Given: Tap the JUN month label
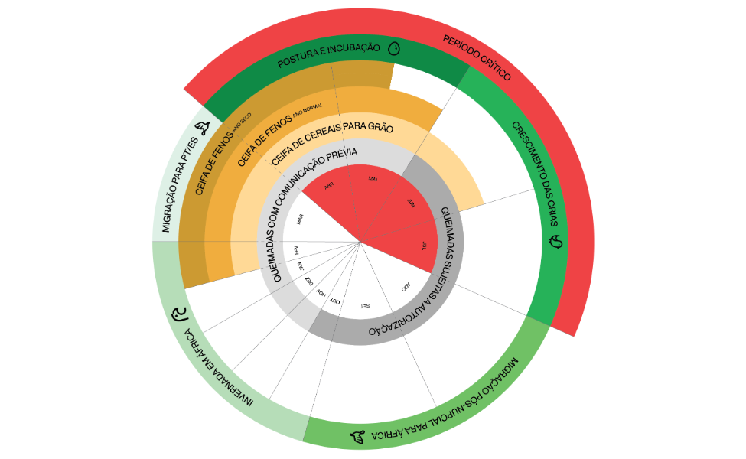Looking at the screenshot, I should coord(411,204).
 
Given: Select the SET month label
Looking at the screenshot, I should coord(365,306).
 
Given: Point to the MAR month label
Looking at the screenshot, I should coord(301,220).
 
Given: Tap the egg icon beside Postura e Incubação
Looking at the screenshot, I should coord(394,49).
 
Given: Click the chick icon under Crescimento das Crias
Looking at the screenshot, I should coord(556,243).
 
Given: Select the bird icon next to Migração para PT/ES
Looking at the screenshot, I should coord(204,128).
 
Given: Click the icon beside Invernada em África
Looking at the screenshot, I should coord(180,314).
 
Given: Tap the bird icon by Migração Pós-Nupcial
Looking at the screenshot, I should coord(357,437).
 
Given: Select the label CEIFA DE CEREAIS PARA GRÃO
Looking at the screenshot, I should coord(332,138).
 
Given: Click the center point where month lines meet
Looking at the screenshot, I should coord(360,243).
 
